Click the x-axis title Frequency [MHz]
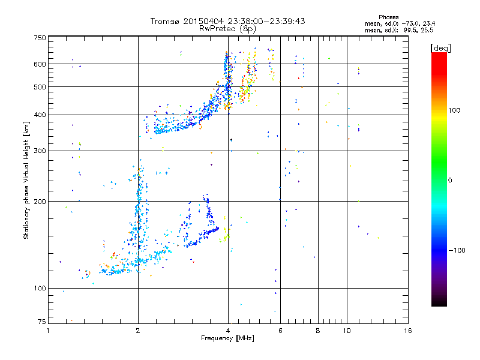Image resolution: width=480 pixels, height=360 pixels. tap(228, 340)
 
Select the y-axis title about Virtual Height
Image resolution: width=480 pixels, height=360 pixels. tap(26, 180)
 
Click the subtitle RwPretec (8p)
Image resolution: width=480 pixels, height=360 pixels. tap(228, 28)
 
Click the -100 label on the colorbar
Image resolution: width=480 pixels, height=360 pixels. tap(457, 250)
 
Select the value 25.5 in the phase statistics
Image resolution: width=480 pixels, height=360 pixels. tap(427, 29)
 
